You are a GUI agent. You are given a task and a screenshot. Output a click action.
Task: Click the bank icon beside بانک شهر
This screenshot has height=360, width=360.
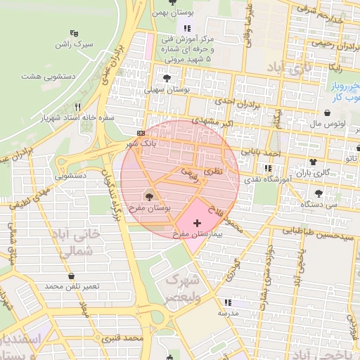point(141,133)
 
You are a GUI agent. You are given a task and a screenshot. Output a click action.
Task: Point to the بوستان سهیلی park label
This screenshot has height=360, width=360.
point(167,89)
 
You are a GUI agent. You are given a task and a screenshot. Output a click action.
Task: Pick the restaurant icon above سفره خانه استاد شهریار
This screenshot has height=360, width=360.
point(78,107)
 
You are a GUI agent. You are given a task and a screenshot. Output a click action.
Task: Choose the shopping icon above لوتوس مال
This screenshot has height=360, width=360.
point(328,112)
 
